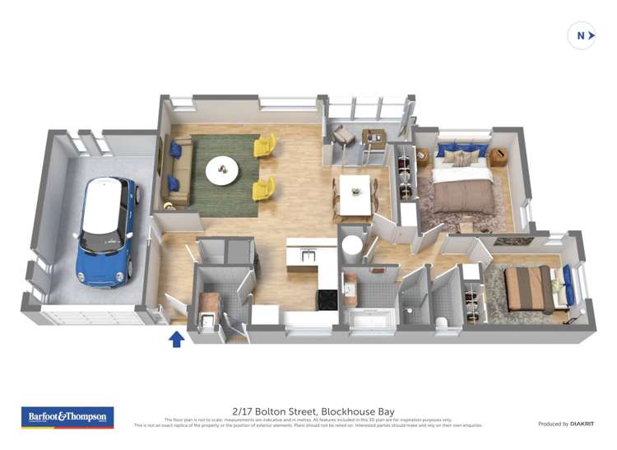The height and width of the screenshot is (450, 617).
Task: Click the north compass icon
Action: click(582, 35)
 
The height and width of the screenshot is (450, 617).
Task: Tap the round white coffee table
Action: click(222, 170)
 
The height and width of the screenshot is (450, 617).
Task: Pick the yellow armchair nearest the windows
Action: click(264, 146)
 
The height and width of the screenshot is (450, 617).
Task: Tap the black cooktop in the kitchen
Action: click(327, 299)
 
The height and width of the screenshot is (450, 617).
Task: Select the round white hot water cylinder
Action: click(352, 245)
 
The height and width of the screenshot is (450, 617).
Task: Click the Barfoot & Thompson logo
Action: click(67, 418)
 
